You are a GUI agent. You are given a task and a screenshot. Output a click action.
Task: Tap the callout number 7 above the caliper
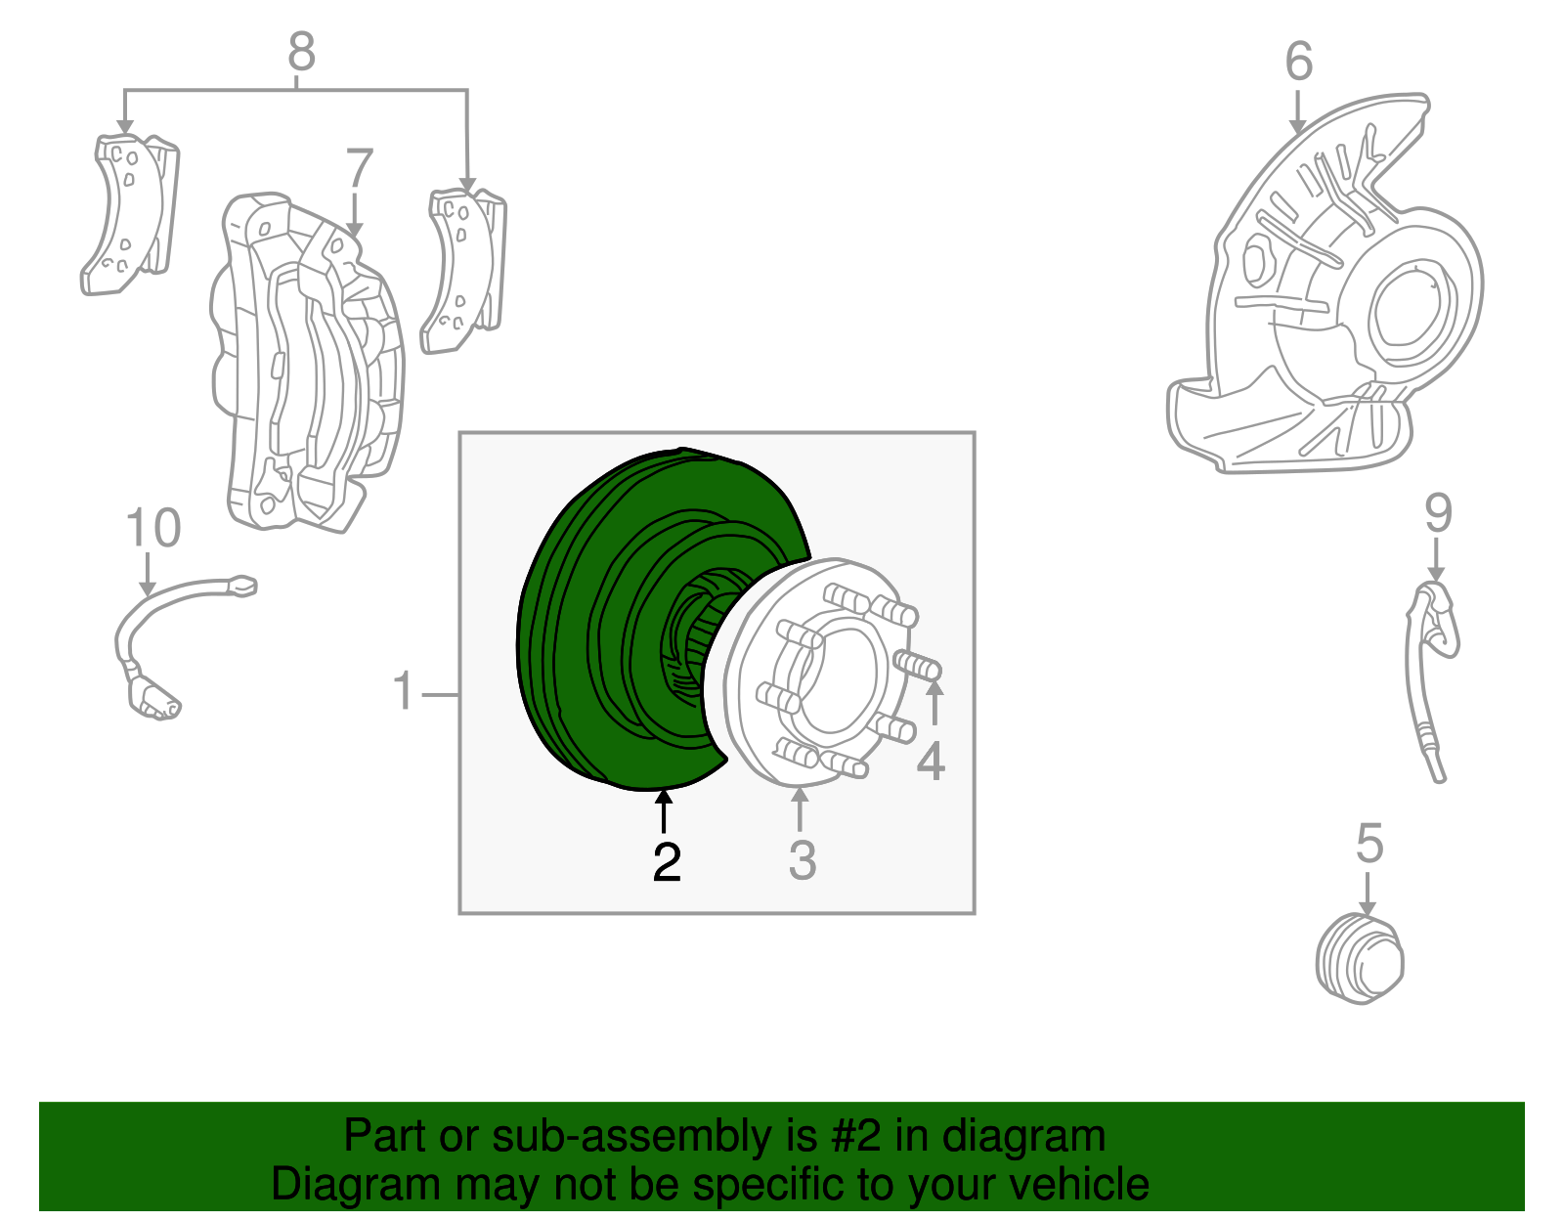point(360,167)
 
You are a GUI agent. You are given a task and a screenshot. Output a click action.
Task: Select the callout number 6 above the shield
point(1299,61)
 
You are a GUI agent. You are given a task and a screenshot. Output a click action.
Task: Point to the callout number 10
point(153,527)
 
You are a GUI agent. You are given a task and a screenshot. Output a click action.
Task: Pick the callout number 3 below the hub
point(803,860)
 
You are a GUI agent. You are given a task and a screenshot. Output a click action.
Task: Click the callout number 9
point(1439,513)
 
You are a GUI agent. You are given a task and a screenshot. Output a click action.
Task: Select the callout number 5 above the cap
point(1369,844)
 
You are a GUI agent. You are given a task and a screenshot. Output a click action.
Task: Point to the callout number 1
point(404,691)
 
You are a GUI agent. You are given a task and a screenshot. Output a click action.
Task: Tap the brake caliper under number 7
point(308,364)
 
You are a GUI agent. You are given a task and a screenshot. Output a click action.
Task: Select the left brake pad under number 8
point(130,214)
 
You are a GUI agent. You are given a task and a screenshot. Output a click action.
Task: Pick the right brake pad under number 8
point(464,271)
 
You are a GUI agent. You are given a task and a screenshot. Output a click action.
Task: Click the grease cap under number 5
point(1360,958)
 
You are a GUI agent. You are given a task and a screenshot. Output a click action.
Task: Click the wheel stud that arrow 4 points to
point(917,664)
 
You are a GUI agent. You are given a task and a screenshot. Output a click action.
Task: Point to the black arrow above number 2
point(664,811)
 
